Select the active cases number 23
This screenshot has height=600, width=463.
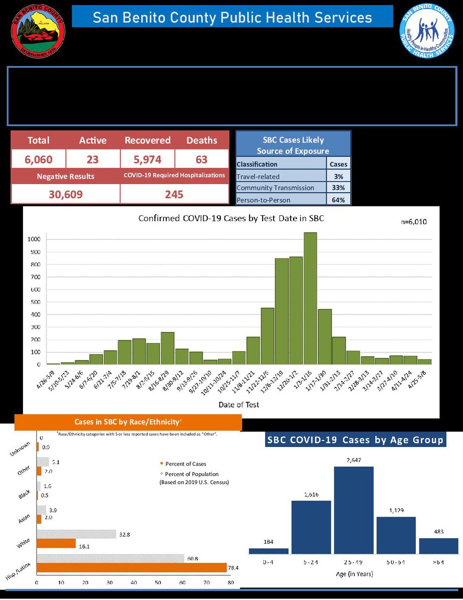pyautogui.click(x=93, y=160)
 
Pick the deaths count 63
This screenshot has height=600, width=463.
pyautogui.click(x=201, y=160)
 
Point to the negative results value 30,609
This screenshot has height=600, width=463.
pyautogui.click(x=65, y=194)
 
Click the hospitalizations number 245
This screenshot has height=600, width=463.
pyautogui.click(x=174, y=194)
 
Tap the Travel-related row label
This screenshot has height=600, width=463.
pyautogui.click(x=258, y=177)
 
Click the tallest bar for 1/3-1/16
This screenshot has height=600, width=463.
pyautogui.click(x=310, y=298)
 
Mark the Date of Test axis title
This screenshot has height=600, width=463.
pyautogui.click(x=239, y=404)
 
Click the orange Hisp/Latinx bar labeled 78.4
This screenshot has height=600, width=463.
pyautogui.click(x=131, y=567)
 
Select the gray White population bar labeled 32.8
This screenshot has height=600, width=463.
pyautogui.click(x=76, y=534)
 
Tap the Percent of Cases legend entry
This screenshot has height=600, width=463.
pyautogui.click(x=185, y=464)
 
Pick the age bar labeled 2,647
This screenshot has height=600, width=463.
pyautogui.click(x=354, y=510)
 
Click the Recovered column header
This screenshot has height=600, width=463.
pyautogui.click(x=147, y=140)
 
